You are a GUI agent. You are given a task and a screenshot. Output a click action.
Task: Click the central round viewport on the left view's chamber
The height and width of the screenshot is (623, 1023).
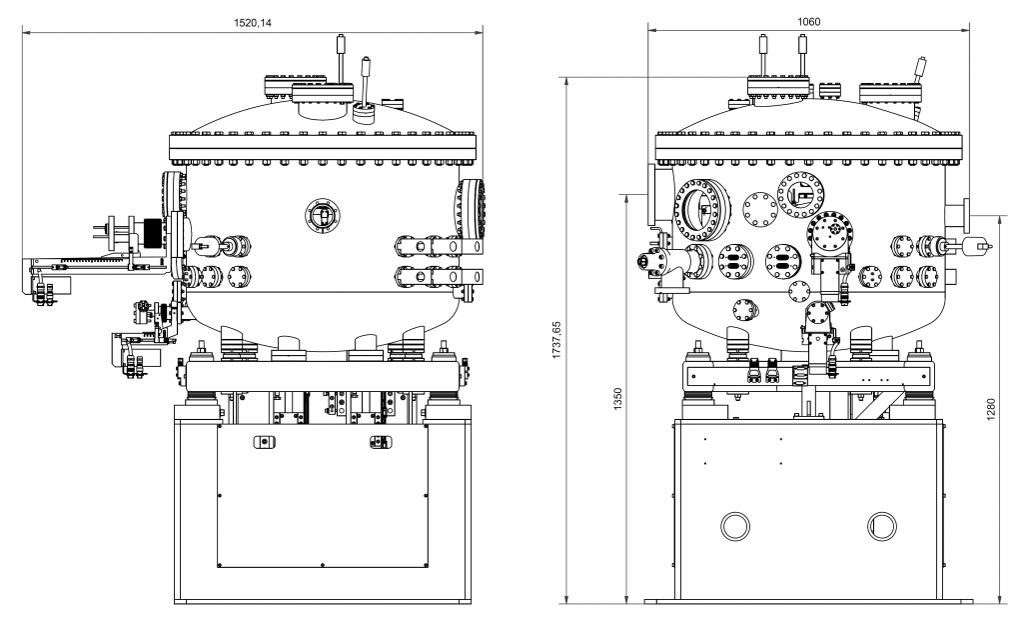coord(322,214)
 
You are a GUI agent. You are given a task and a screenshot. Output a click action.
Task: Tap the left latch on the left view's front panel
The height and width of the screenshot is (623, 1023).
coord(263,442)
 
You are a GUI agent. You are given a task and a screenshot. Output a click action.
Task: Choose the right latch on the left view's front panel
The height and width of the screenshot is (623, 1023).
coord(381,442)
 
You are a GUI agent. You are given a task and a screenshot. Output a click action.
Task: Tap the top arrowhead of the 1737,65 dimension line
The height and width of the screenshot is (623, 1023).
coord(566,79)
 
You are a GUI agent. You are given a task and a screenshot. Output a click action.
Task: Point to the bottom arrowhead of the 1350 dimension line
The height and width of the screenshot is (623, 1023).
coord(626,599)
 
